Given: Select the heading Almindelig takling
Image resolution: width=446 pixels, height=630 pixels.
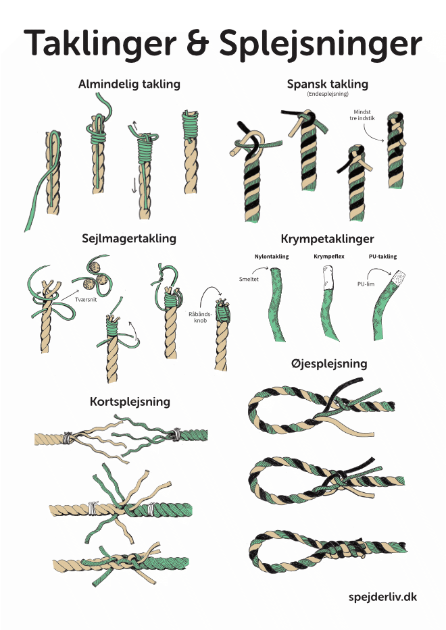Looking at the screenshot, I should click(129, 84).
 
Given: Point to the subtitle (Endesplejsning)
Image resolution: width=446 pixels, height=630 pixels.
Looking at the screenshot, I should click(327, 96).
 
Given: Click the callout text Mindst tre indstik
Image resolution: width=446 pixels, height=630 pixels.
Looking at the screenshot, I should click(364, 115).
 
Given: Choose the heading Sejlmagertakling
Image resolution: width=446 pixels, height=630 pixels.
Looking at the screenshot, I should click(129, 238).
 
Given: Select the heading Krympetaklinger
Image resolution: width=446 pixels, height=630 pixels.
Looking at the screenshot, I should click(327, 239).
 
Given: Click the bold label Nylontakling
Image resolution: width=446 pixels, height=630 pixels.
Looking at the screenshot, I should click(271, 257).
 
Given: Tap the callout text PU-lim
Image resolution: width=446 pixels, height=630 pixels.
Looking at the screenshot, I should click(365, 284).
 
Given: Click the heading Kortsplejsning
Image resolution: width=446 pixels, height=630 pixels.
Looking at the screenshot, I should click(130, 402).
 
